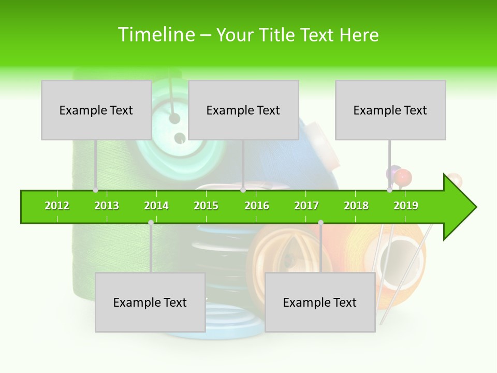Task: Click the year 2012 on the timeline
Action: click(57, 206)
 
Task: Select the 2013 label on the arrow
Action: click(107, 206)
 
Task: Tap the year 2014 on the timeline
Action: click(156, 206)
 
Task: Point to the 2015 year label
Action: click(206, 206)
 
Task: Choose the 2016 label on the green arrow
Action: click(257, 206)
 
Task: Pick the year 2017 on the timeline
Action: click(306, 206)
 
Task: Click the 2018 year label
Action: click(356, 206)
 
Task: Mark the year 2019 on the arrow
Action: click(406, 206)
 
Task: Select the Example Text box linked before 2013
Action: click(96, 110)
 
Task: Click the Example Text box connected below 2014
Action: click(150, 302)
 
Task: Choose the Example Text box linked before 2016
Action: click(243, 110)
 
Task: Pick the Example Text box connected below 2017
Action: click(320, 302)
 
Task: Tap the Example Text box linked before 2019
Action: click(390, 110)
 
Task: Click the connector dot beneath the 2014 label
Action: click(151, 223)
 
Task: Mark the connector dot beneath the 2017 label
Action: click(320, 223)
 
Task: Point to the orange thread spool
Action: click(399, 259)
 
